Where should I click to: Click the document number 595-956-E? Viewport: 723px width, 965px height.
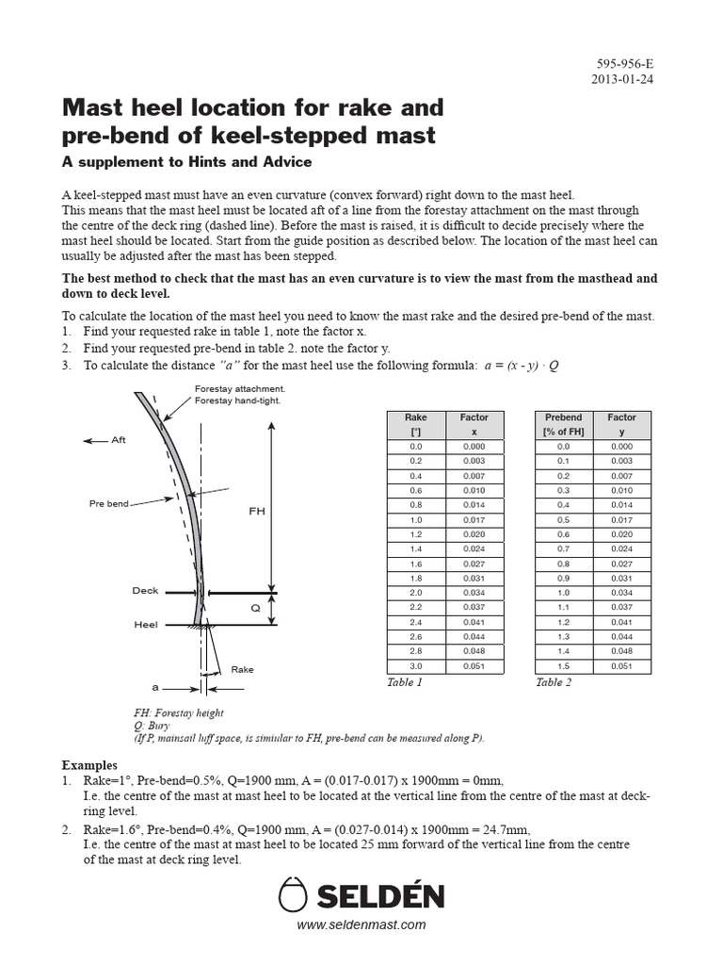pos(624,64)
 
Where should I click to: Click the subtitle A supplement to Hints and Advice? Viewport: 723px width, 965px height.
pos(186,162)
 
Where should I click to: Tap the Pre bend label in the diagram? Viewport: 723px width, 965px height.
pos(109,504)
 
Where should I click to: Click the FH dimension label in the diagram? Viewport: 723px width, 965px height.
pos(257,511)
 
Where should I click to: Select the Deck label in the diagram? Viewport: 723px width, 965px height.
pos(145,591)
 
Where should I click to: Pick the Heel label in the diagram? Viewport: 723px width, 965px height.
pos(146,624)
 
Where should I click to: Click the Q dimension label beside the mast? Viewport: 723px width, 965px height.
pos(254,609)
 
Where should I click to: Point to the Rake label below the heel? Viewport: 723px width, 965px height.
pos(242,669)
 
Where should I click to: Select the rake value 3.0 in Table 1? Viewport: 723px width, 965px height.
pos(415,665)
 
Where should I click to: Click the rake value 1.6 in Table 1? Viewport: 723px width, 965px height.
pos(415,564)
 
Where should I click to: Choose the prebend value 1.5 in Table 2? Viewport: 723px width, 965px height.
pos(564,665)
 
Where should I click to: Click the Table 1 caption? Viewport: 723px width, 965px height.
pos(405,682)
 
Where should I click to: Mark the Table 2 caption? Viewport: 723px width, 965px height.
pos(554,682)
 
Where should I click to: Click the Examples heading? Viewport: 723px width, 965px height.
pos(89,765)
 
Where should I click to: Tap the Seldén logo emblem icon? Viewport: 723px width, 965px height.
pos(295,894)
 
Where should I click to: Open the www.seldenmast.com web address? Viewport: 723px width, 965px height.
pos(361,925)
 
